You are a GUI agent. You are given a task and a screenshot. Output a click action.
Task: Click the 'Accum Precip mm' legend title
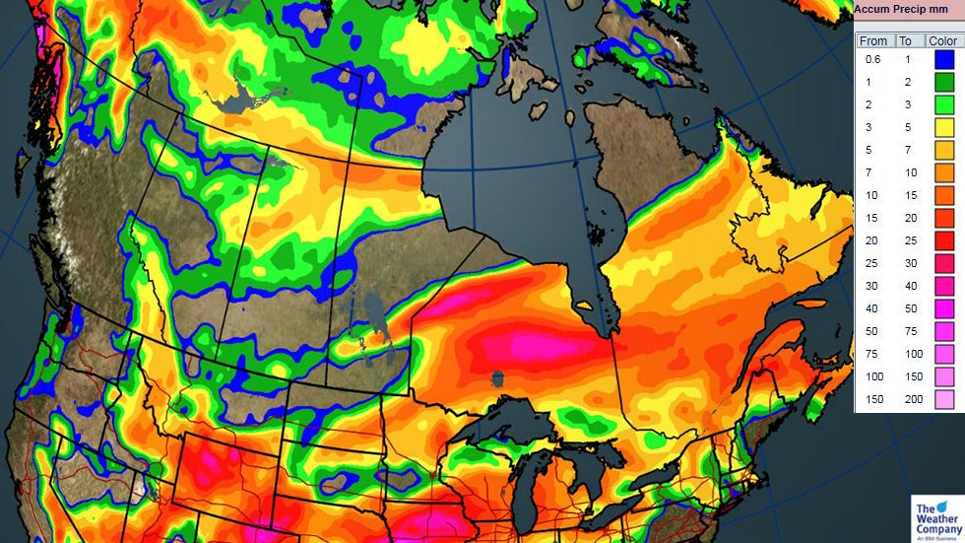901,10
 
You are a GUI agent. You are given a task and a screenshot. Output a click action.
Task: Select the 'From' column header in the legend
872,41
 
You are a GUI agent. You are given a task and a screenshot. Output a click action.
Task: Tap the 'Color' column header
942,41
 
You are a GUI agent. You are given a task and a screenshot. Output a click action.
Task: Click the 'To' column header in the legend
905,41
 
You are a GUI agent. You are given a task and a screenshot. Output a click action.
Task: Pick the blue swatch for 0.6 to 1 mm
943,60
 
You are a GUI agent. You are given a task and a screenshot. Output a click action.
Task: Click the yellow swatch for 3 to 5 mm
943,127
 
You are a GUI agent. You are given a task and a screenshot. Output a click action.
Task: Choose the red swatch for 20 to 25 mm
943,240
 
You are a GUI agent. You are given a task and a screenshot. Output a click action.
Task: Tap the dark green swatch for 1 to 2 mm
943,83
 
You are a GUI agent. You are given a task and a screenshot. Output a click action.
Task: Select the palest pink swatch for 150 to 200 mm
943,399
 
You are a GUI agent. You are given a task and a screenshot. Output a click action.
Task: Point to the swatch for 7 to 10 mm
943,172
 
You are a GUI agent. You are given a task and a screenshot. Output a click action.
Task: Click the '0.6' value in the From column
872,60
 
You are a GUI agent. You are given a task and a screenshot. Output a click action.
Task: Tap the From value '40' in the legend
871,308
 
